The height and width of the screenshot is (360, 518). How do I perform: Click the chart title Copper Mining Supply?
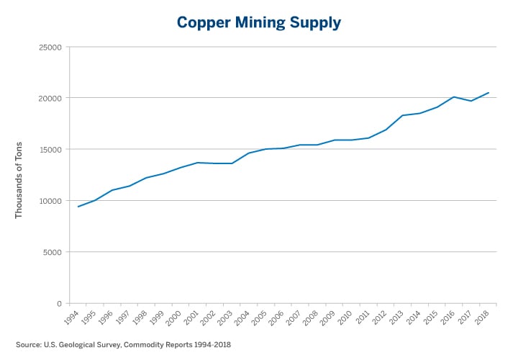pyautogui.click(x=258, y=22)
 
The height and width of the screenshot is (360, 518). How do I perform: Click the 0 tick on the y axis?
pyautogui.click(x=59, y=303)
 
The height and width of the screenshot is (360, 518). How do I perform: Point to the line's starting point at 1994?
pyautogui.click(x=78, y=207)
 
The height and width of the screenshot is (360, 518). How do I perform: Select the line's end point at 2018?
pyautogui.click(x=489, y=92)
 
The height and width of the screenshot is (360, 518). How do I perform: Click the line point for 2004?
pyautogui.click(x=249, y=153)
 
